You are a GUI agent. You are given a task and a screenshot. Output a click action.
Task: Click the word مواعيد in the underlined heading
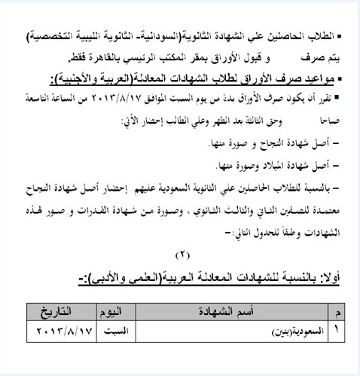pos(315,78)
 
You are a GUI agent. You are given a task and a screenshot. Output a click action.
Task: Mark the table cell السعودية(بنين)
pos(289,331)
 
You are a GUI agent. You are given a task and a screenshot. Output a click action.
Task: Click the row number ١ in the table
pos(334,329)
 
